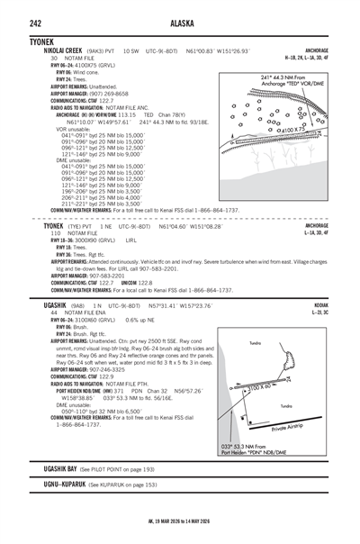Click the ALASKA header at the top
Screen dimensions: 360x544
(x=179, y=11)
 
